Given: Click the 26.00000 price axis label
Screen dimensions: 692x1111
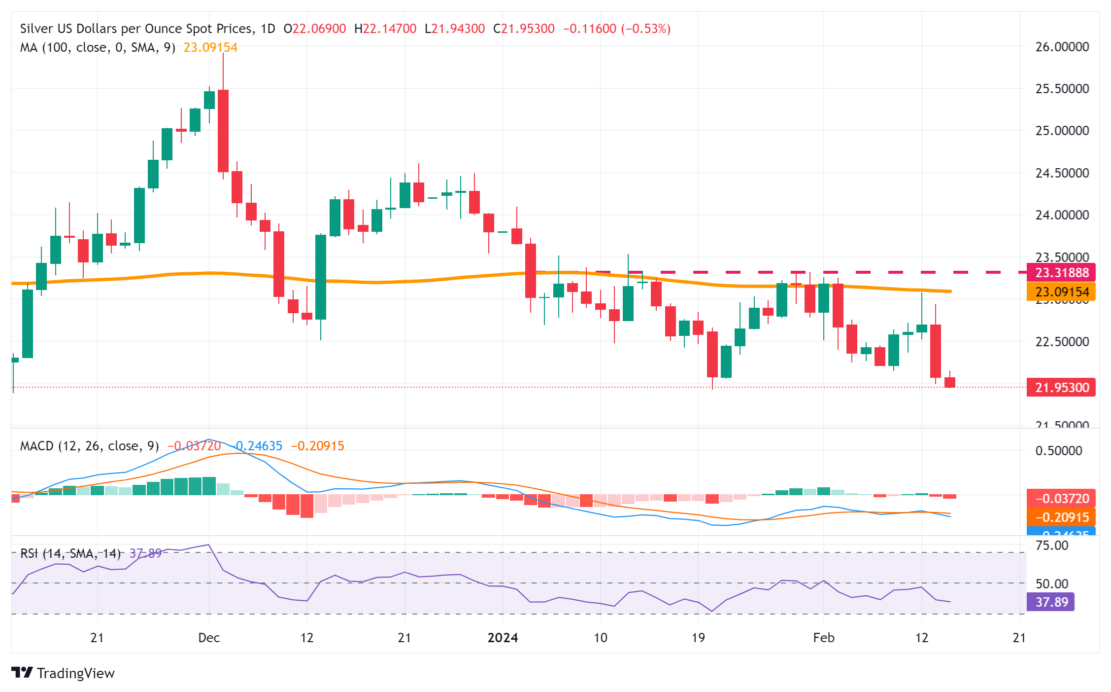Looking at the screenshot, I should (1062, 47).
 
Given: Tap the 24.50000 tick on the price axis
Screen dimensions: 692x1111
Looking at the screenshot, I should (1062, 173).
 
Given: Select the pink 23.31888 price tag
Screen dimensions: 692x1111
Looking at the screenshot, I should (1061, 272).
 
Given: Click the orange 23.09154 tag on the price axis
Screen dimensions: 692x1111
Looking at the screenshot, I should (1061, 292).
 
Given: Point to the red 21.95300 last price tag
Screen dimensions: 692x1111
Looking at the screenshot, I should (1061, 388).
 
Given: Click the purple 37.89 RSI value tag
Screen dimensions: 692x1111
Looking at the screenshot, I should (1051, 602).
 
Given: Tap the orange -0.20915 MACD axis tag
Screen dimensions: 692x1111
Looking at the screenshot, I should (1061, 517).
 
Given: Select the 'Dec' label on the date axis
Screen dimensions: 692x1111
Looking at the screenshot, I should (209, 638).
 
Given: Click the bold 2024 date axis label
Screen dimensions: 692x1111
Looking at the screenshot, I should (503, 638).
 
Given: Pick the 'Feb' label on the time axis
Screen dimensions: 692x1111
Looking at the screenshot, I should (823, 638).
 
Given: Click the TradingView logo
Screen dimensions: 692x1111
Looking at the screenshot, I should (63, 673).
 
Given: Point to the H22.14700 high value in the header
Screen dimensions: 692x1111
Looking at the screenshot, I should (385, 29).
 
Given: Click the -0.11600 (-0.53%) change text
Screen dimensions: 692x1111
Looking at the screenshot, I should (616, 29).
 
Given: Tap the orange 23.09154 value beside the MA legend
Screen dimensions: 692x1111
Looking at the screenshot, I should (210, 47).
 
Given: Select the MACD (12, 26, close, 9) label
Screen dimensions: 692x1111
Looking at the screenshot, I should (89, 446).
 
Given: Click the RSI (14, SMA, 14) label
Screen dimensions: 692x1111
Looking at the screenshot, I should (70, 553).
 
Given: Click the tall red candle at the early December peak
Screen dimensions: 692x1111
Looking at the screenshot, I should (223, 131).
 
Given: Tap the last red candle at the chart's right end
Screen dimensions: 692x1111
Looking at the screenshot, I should (950, 382).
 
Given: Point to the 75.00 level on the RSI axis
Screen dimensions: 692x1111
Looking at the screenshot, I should (1051, 546).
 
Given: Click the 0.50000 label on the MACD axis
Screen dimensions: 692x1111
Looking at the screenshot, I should (1058, 451).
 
